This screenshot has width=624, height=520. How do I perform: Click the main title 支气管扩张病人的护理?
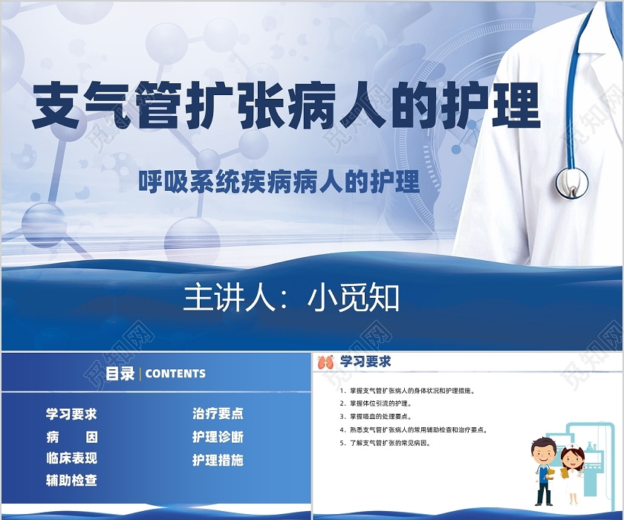[286, 106]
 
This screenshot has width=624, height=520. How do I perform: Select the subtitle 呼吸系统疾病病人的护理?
[279, 182]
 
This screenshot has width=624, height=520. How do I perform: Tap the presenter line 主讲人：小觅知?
[291, 298]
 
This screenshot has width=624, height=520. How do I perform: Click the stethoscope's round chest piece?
[572, 183]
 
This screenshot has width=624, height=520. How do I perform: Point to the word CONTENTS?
[175, 374]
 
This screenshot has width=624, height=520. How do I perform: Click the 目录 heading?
[120, 373]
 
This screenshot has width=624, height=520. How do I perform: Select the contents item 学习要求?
[71, 415]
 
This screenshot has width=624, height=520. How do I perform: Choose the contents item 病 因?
[71, 438]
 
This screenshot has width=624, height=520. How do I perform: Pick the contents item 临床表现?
[71, 458]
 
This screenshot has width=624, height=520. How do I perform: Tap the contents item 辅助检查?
[71, 480]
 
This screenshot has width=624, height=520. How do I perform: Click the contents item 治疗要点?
[218, 414]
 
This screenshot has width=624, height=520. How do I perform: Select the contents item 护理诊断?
[218, 437]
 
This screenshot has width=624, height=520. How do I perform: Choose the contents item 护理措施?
[218, 460]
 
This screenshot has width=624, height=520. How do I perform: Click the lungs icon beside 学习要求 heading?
[326, 362]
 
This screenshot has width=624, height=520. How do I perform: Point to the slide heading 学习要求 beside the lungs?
[365, 361]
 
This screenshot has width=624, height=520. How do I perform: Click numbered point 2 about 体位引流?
[376, 403]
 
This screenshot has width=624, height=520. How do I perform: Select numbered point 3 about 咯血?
[376, 417]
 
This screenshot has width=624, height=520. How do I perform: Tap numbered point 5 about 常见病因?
[386, 443]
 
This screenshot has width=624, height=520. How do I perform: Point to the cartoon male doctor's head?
[543, 451]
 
